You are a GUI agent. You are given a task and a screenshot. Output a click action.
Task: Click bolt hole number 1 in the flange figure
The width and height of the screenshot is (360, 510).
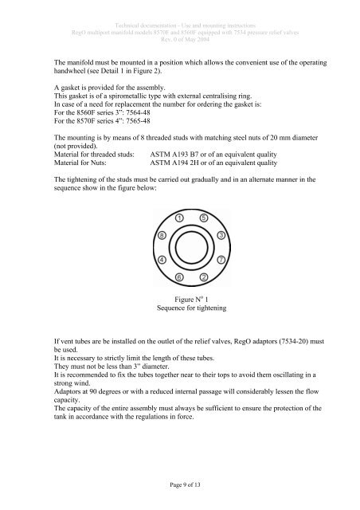click(x=181, y=218)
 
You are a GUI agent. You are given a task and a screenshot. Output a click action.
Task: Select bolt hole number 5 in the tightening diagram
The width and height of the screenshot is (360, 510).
click(x=203, y=218)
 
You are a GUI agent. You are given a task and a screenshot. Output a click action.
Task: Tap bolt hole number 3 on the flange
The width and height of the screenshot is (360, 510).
click(x=221, y=237)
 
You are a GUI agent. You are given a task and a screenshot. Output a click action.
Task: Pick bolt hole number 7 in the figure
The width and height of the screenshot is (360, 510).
click(x=221, y=260)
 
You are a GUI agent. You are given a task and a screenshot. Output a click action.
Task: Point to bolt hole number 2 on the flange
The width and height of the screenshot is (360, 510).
click(x=203, y=277)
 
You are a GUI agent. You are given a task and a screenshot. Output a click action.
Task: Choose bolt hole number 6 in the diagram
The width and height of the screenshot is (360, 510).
click(x=180, y=277)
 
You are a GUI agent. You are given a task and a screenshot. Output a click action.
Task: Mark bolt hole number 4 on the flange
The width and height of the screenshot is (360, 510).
click(x=162, y=260)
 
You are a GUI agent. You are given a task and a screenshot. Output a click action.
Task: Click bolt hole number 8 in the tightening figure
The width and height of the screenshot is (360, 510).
click(x=162, y=237)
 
